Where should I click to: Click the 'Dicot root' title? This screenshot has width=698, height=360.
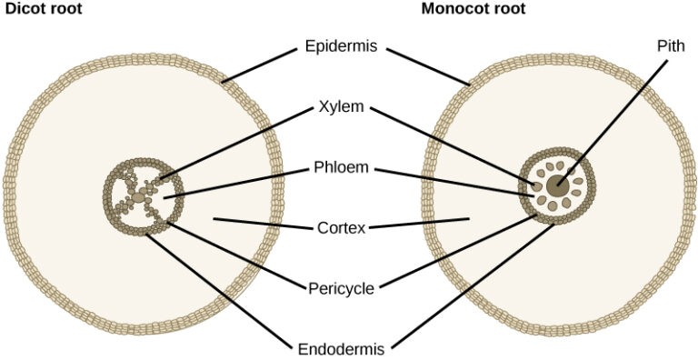point(43,10)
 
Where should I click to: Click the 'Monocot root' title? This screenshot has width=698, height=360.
point(473,10)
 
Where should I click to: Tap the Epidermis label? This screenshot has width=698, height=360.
point(342,45)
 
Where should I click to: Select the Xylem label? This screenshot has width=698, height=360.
point(342,106)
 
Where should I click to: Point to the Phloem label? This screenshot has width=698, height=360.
point(342,167)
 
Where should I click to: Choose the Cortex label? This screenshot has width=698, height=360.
point(342,227)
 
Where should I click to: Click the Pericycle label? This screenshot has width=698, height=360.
point(342,288)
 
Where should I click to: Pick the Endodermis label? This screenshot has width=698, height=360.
point(342,348)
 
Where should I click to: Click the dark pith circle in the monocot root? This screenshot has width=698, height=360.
point(557,186)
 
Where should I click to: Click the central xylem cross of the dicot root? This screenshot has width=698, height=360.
point(138,196)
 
